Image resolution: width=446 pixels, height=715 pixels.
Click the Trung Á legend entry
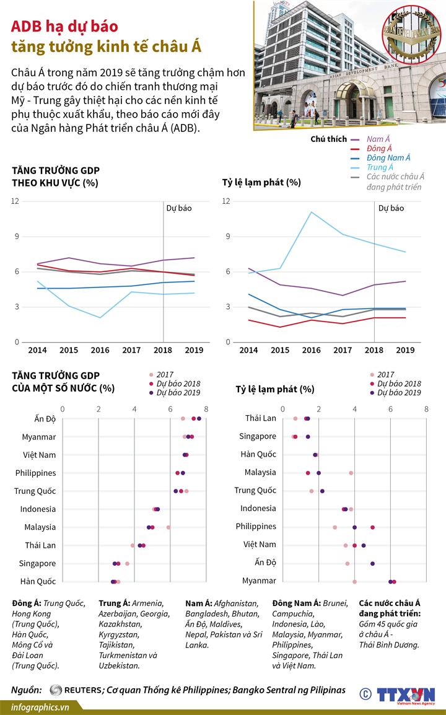pyautogui.click(x=380, y=167)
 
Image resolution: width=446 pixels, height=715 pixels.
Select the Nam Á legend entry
pyautogui.click(x=378, y=139)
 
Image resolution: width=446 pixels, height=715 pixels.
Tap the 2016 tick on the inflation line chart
pyautogui.click(x=311, y=350)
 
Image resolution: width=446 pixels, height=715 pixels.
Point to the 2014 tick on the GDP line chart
pyautogui.click(x=37, y=350)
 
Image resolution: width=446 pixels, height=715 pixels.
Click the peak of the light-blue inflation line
pyautogui.click(x=311, y=212)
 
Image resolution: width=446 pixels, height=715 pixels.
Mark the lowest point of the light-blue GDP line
pyautogui.click(x=100, y=318)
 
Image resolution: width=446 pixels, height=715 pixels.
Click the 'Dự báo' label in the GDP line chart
pyautogui.click(x=179, y=208)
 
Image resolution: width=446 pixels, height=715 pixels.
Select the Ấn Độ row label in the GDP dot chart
pyautogui.click(x=45, y=419)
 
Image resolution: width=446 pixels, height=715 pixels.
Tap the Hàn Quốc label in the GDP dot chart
pyautogui.click(x=38, y=581)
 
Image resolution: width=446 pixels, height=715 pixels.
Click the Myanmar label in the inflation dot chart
pyautogui.click(x=259, y=581)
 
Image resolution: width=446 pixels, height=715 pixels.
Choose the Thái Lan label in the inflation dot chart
pyautogui.click(x=261, y=418)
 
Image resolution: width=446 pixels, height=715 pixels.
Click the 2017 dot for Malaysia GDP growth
pyautogui.click(x=168, y=527)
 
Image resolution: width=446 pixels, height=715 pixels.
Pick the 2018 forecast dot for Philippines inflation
pyautogui.click(x=372, y=527)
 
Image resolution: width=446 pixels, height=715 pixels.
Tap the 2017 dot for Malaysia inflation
pyautogui.click(x=351, y=473)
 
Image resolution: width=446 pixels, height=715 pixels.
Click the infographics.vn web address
pyautogui.click(x=40, y=706)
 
